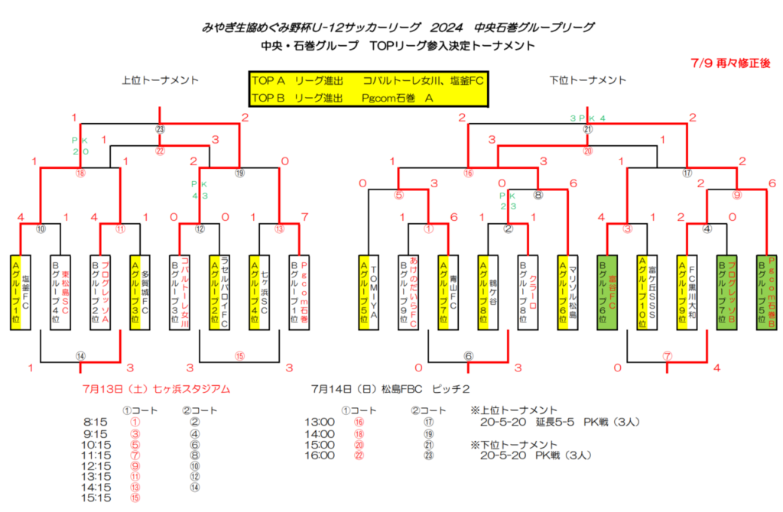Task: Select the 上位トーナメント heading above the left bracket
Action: point(161,80)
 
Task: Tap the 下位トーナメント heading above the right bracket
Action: point(588,80)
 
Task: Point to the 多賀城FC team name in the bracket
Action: point(145,292)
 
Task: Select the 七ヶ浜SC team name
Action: point(264,292)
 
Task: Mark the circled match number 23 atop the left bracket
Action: point(161,129)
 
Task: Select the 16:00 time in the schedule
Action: point(319,455)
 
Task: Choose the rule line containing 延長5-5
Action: point(559,421)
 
